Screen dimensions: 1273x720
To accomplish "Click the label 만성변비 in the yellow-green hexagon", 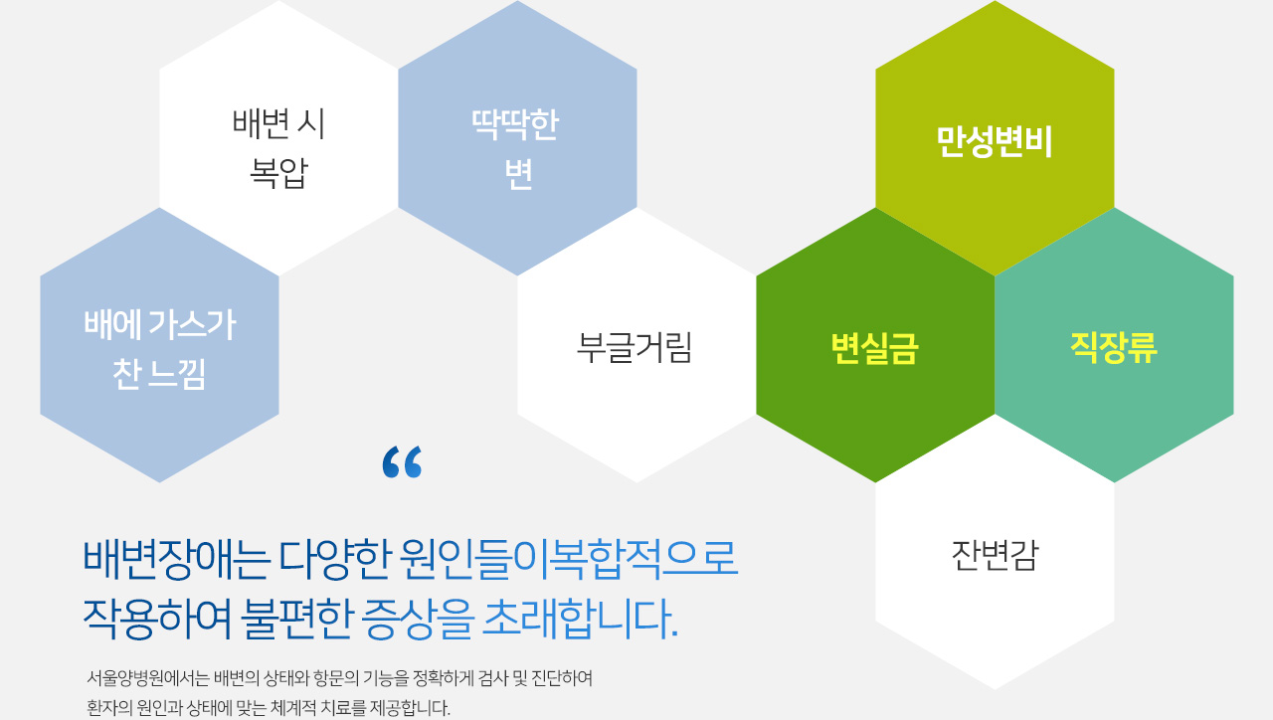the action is (x=995, y=141).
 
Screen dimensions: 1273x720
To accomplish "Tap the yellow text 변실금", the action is (x=874, y=348).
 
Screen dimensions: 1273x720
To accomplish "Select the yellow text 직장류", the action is (x=1114, y=347).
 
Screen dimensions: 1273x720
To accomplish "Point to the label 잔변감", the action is (x=995, y=555).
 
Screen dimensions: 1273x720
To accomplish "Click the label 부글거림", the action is (x=635, y=347).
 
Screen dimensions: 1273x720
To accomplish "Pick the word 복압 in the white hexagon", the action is (x=278, y=173).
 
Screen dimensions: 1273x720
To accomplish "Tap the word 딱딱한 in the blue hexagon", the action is (x=516, y=124).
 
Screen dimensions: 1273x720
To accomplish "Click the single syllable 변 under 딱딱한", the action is (x=518, y=173).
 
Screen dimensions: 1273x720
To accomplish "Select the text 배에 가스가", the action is (x=160, y=325).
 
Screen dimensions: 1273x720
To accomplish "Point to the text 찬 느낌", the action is (x=159, y=374).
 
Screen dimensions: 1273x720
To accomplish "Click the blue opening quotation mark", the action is (x=403, y=462).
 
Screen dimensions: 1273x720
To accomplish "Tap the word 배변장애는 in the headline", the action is (x=176, y=560).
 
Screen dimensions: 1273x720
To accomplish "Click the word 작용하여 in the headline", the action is (x=157, y=619).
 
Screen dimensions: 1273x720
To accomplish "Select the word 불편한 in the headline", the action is (x=295, y=619).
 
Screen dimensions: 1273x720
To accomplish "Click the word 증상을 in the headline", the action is (x=417, y=619).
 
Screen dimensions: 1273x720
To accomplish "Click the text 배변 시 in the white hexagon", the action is (x=278, y=124).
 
